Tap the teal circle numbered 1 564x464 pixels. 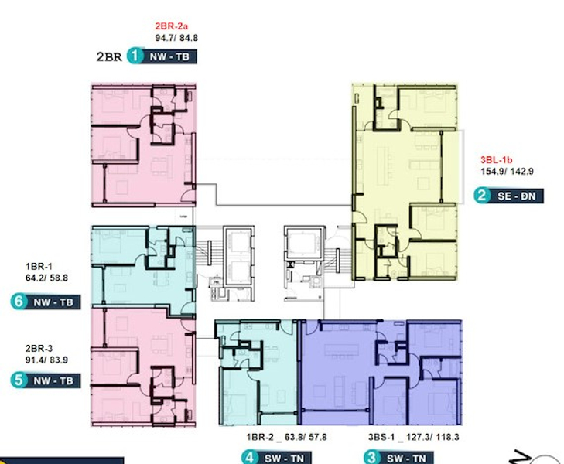(136, 56)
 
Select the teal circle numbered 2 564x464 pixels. (482, 196)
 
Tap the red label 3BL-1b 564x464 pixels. (495, 160)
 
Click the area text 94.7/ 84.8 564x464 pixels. (176, 36)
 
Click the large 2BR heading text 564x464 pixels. (109, 56)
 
